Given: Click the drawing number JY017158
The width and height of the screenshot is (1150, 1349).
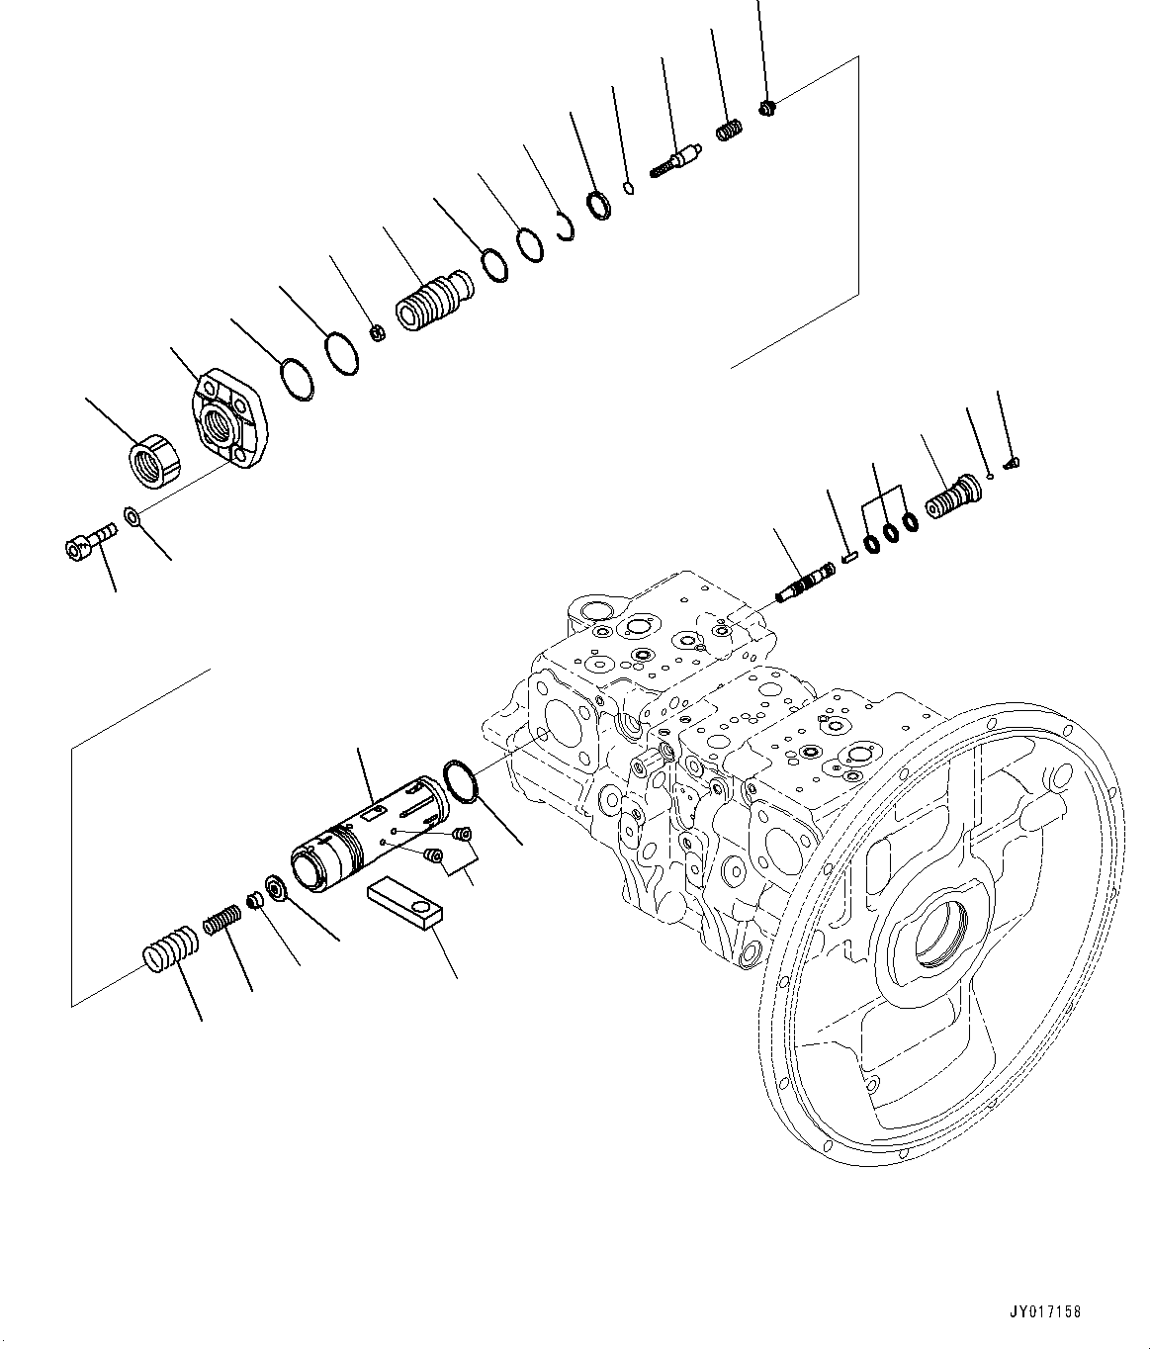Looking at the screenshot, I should [1045, 1312].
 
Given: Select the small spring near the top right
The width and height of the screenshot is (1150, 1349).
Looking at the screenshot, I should [729, 131].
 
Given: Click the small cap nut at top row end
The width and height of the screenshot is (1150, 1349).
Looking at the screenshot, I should [768, 107].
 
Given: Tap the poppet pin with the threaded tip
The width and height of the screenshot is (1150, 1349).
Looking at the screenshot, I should [677, 161].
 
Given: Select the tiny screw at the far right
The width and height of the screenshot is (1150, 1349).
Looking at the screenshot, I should [1013, 461].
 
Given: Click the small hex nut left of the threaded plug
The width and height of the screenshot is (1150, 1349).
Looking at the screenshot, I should [377, 331].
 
